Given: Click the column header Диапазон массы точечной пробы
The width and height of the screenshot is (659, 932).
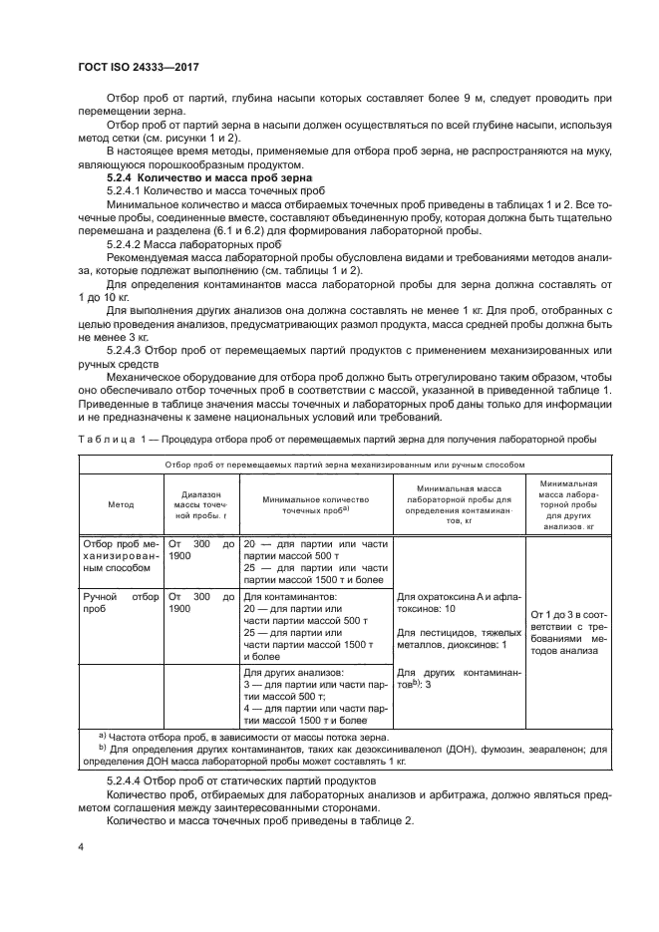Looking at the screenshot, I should click(x=201, y=504).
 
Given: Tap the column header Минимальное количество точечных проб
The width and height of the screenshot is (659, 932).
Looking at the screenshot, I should click(x=315, y=503).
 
